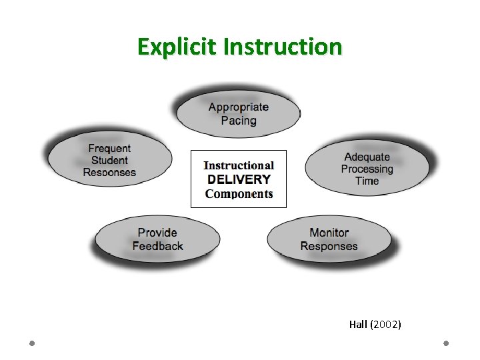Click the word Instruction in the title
(283, 47)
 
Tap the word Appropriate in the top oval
(238, 107)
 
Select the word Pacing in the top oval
(238, 121)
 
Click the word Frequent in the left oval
(109, 149)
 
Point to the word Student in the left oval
(109, 161)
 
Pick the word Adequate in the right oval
(367, 157)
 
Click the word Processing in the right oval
(367, 169)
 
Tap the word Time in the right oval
(367, 181)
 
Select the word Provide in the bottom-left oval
(157, 233)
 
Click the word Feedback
(157, 246)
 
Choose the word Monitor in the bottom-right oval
(329, 233)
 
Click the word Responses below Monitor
(329, 246)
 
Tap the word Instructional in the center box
(239, 165)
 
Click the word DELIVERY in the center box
(239, 179)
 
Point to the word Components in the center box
(239, 194)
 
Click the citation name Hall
(358, 325)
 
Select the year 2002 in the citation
(387, 325)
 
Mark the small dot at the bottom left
(32, 343)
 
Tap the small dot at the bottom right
(446, 343)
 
